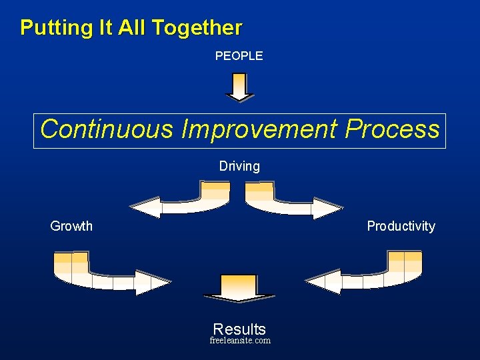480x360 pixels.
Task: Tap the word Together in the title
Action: pyautogui.click(x=197, y=28)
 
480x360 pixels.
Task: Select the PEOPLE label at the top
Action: pyautogui.click(x=239, y=56)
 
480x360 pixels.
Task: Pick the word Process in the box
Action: pyautogui.click(x=392, y=129)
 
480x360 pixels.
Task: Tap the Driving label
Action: pyautogui.click(x=239, y=166)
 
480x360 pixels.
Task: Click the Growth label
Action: pyautogui.click(x=71, y=226)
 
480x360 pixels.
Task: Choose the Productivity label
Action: pyautogui.click(x=401, y=226)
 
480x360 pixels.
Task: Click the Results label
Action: pyautogui.click(x=239, y=329)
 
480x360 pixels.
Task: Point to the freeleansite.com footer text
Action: pyautogui.click(x=240, y=341)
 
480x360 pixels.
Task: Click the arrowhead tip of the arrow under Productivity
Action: pyautogui.click(x=310, y=281)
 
